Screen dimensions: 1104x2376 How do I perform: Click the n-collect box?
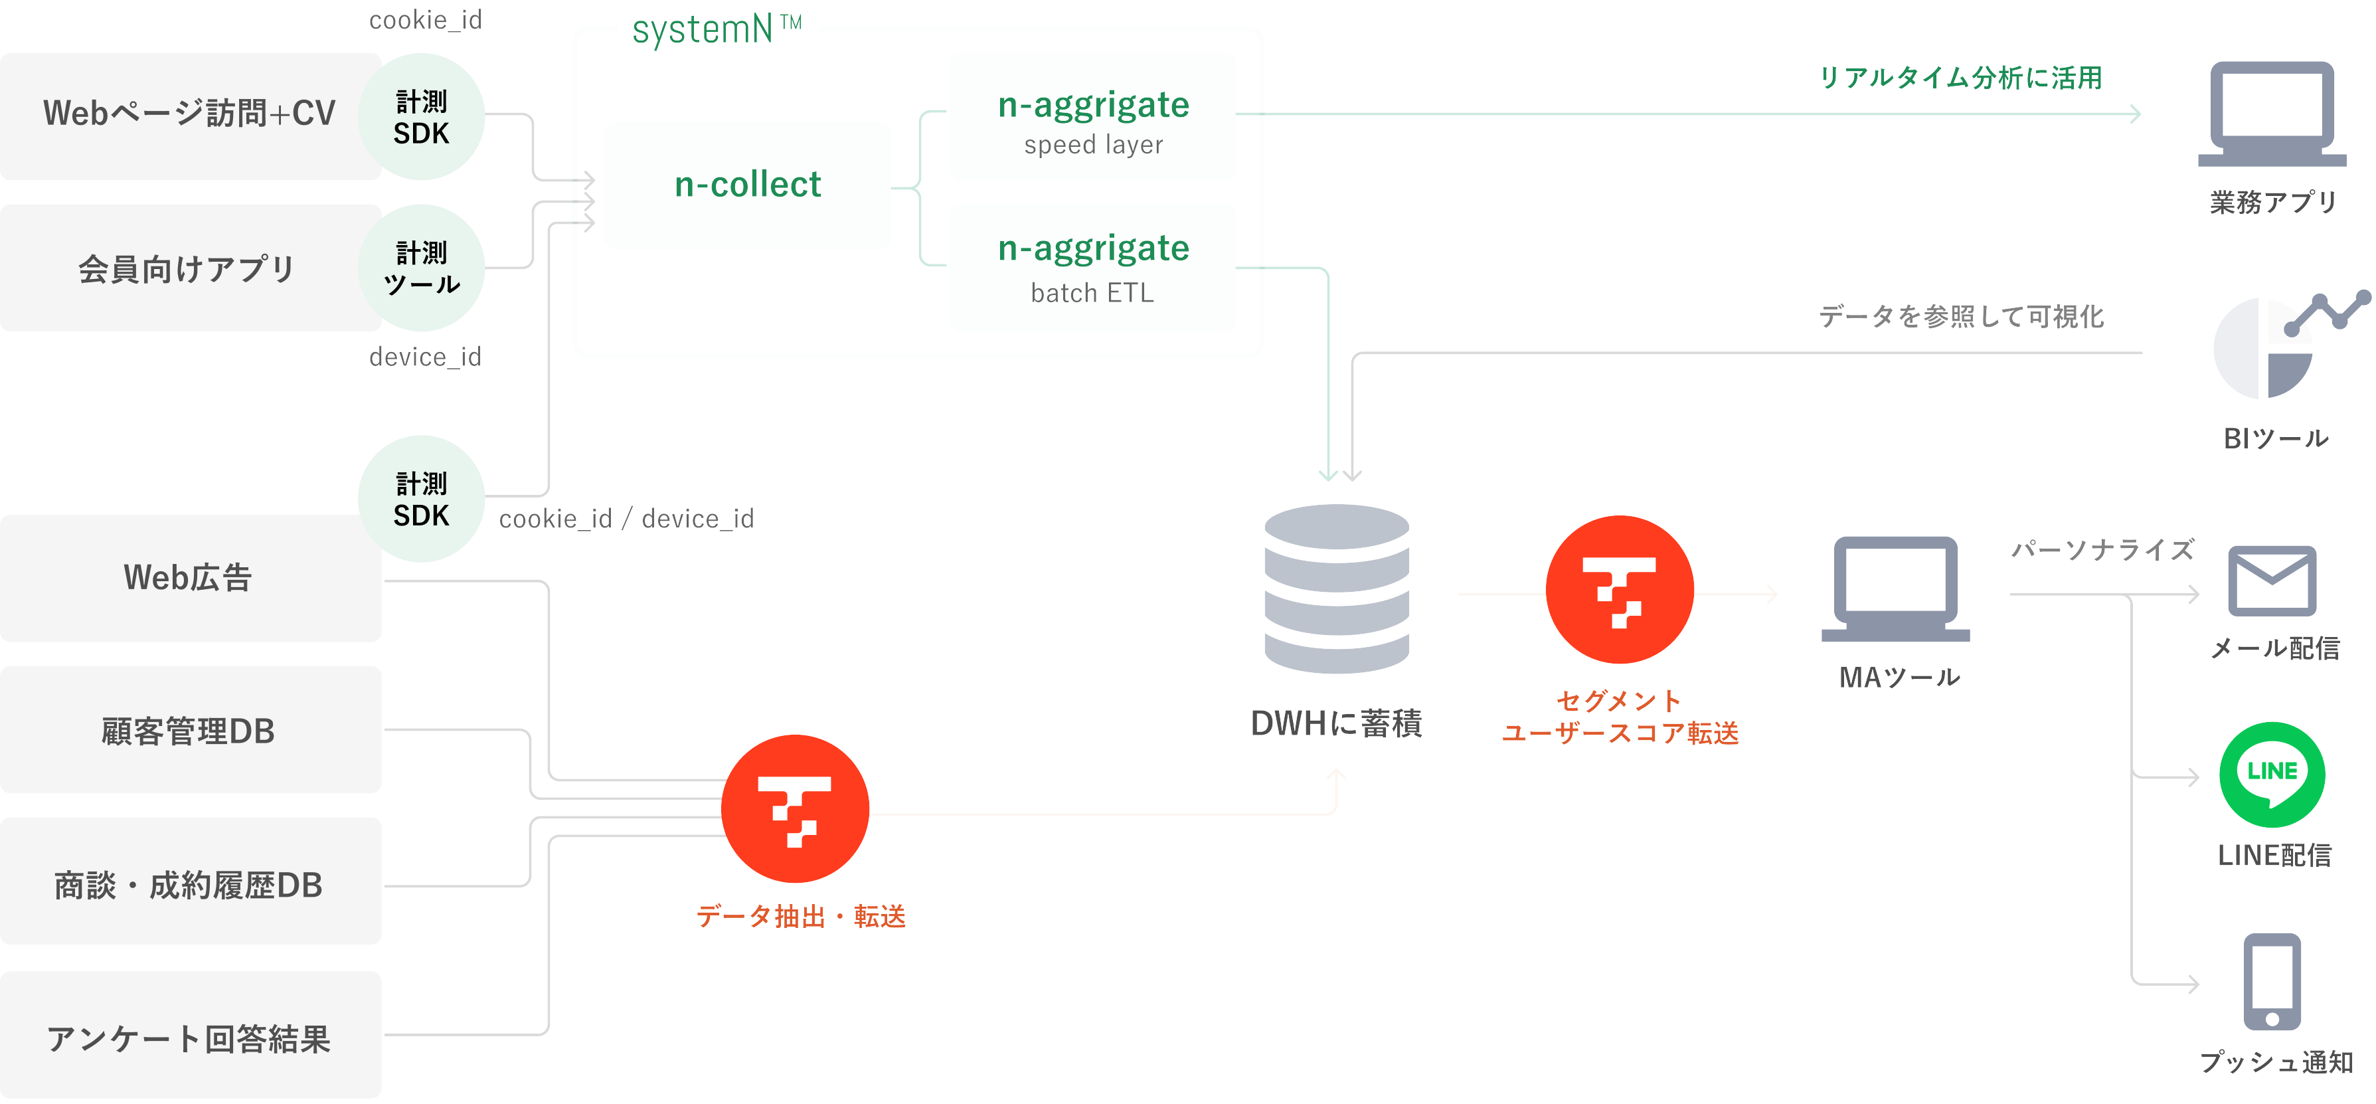click(x=747, y=185)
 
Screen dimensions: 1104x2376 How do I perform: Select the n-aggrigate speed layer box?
click(x=1092, y=117)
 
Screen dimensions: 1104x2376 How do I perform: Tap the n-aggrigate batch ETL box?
click(x=1092, y=268)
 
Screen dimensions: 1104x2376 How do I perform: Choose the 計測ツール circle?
click(x=422, y=268)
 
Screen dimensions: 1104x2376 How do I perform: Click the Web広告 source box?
click(x=189, y=579)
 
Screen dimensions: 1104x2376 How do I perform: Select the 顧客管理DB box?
click(x=189, y=731)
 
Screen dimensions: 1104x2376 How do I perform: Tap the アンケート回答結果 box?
click(x=189, y=1037)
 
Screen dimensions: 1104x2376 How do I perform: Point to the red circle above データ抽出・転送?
click(x=795, y=809)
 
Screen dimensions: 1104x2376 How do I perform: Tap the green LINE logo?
click(x=2272, y=774)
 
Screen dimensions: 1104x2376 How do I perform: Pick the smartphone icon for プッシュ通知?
click(x=2272, y=981)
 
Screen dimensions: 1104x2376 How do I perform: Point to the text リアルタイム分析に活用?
click(x=1960, y=78)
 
